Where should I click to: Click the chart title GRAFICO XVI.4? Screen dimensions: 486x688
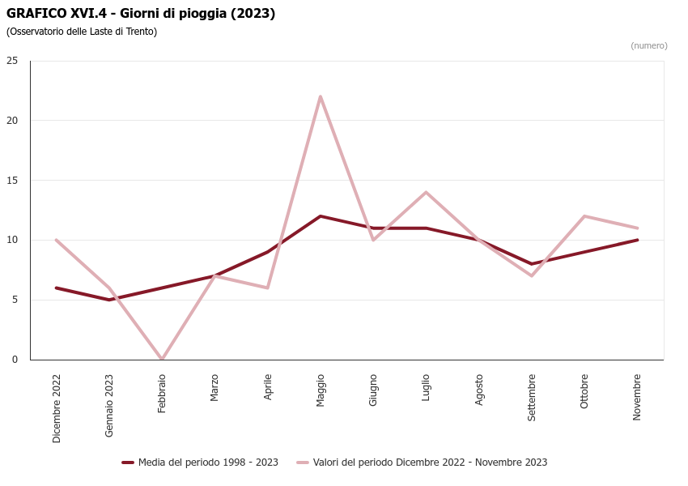[141, 14]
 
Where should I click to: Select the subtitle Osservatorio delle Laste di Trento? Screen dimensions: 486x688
[82, 32]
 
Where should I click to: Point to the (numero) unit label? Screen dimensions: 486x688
[648, 45]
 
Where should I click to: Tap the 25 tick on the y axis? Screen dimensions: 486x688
[12, 61]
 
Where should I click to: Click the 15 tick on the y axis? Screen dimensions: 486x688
[12, 180]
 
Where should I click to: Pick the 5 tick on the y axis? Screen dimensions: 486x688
[15, 300]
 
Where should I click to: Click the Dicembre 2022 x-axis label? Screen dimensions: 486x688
[57, 407]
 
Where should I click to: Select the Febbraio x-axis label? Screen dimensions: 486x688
[162, 393]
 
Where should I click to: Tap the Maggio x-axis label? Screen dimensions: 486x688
[321, 390]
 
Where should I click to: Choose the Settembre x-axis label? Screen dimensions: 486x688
[532, 397]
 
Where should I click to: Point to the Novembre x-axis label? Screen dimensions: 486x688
[637, 396]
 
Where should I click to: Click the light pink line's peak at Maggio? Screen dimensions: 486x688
[321, 96]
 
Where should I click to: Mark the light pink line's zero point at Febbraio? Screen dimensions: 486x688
[162, 359]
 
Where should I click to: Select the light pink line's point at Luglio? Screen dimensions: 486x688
[426, 192]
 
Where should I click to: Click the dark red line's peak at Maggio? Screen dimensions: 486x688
[321, 216]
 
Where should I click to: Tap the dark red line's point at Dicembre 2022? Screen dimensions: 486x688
[57, 288]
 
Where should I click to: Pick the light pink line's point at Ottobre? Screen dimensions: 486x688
[584, 216]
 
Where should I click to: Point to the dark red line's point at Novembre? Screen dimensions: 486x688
[637, 240]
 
